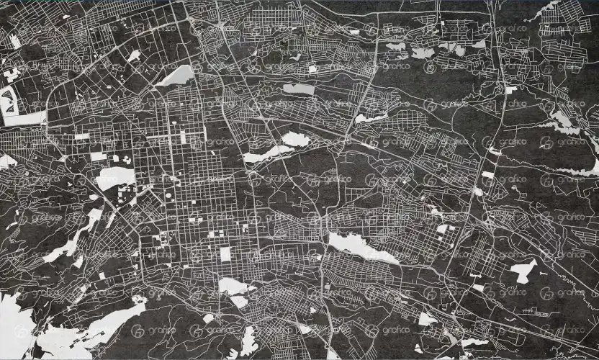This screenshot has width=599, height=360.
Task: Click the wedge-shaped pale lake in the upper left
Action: coord(176,75)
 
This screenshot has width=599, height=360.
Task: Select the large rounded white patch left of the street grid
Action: coord(115,177)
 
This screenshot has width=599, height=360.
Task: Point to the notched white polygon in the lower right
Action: coord(523,271)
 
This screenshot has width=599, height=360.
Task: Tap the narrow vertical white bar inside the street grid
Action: coord(182,136)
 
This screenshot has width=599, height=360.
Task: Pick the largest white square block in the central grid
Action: coord(225,254)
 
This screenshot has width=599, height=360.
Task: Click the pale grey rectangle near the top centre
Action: coord(299,89)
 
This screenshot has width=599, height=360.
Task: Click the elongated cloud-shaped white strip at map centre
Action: coord(266,154)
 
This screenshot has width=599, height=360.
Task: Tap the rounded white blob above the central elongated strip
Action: coord(295,139)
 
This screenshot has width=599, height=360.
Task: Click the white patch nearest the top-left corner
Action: coord(15,42)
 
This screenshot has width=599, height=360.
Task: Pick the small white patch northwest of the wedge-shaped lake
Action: coord(134,55)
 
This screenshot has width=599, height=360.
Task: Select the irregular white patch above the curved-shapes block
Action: coord(10,74)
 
